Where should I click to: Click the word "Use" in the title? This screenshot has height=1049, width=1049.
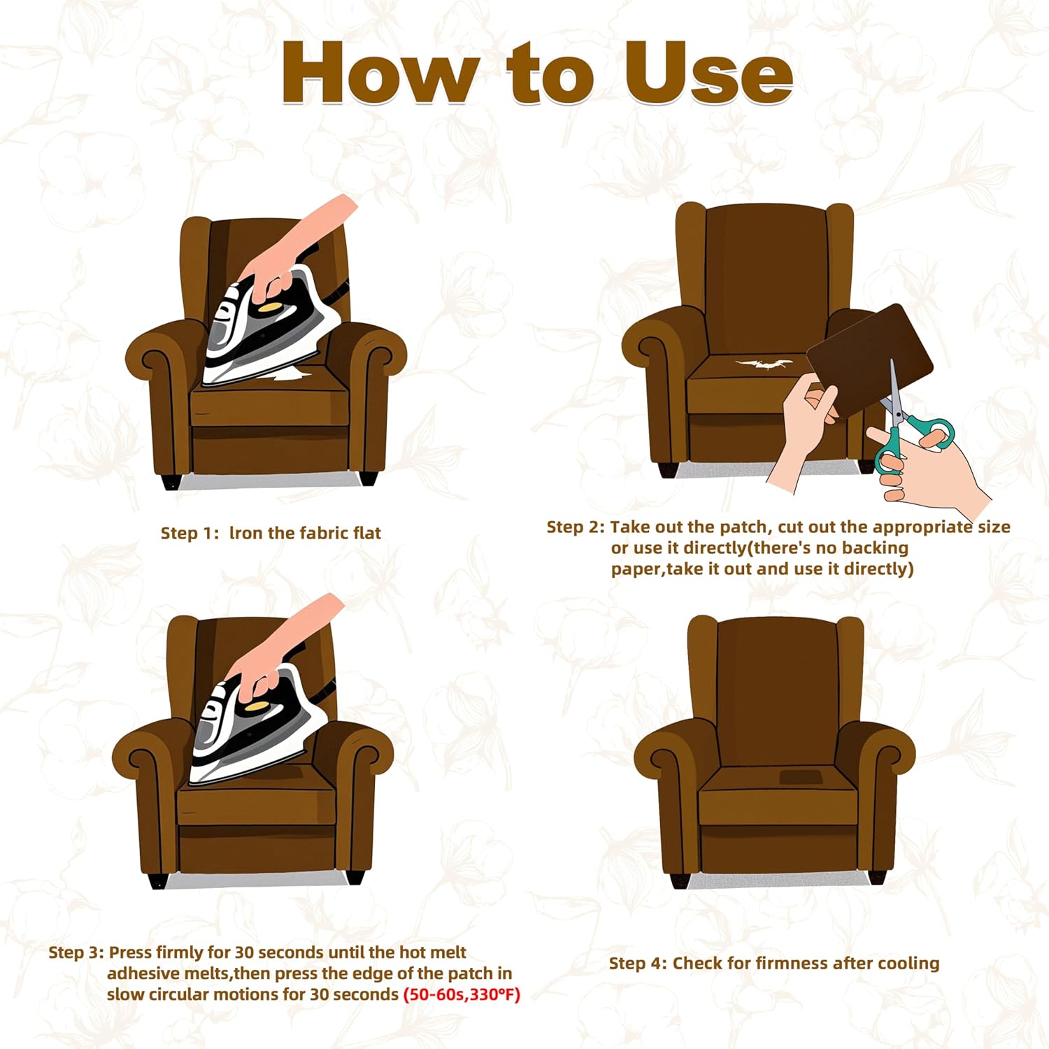(x=708, y=74)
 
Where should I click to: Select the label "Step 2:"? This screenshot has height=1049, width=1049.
(x=576, y=527)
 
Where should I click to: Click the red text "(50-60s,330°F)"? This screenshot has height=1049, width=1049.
(x=462, y=994)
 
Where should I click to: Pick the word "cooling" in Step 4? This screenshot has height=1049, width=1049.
(x=908, y=964)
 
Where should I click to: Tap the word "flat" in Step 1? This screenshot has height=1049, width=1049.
(x=366, y=533)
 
